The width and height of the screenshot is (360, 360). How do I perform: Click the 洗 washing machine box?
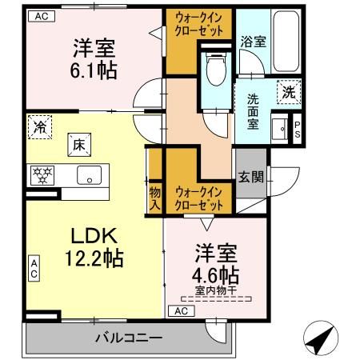288,93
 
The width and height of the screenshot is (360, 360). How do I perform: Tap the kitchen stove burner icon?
41,174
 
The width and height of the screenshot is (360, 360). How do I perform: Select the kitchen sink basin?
86,174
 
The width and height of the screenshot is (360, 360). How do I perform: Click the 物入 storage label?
154,196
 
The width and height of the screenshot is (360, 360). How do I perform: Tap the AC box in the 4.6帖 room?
181,310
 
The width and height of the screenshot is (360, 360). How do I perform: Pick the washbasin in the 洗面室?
280,128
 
